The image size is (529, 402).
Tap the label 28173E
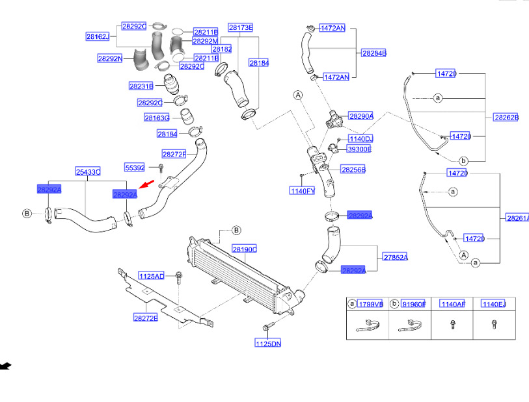pos(240,27)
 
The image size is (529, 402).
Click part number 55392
pos(135,168)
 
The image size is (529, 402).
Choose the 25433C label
pos(88,172)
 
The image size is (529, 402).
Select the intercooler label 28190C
pos(245,249)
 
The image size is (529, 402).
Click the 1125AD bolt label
pos(151,276)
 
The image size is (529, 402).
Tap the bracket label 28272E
pos(146,318)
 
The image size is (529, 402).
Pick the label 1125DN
pos(267,343)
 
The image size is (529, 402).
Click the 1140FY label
pos(303,191)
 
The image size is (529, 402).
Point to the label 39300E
pos(359,149)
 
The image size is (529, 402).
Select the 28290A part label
pos(361,116)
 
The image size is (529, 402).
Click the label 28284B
pos(374,53)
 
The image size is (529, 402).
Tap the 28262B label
pos(506,118)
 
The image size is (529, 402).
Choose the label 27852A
pos(395,257)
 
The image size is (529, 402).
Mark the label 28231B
pos(141,86)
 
